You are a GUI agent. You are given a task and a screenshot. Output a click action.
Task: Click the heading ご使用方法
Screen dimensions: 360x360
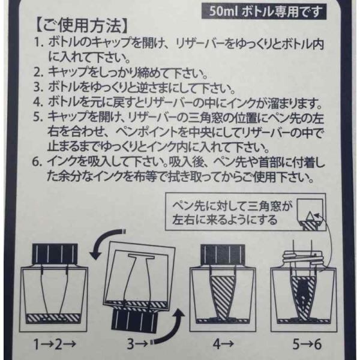click(x=81, y=25)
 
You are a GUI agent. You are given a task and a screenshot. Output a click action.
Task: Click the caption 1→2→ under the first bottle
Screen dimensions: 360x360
click(x=55, y=344)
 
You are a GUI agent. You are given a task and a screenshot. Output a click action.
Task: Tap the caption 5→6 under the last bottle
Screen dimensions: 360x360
click(x=307, y=344)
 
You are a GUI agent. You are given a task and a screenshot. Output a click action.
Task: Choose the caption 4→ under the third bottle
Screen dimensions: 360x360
click(x=223, y=344)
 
